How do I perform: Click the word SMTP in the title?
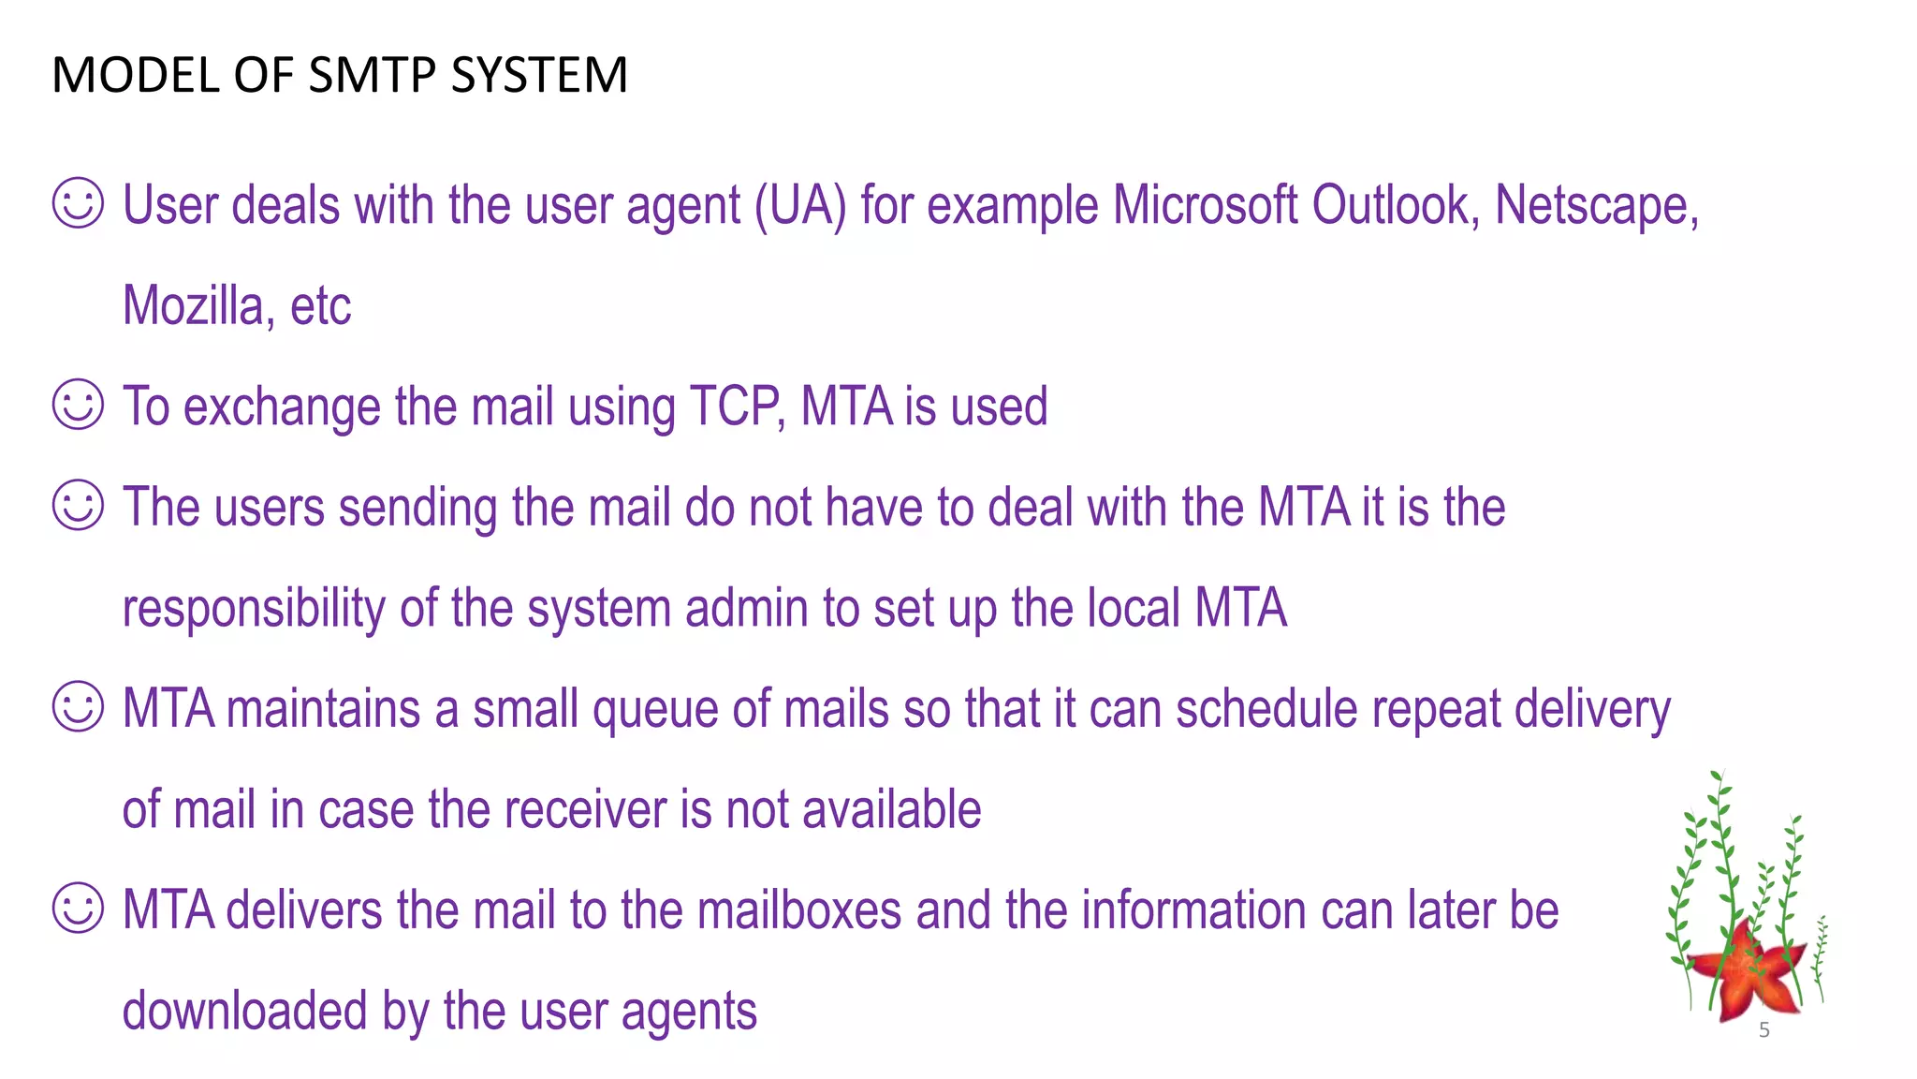click(371, 75)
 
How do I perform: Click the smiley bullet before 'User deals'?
click(78, 203)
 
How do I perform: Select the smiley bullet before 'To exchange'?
click(78, 405)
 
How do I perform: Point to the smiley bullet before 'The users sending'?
click(78, 506)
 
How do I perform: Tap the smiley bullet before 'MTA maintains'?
click(78, 707)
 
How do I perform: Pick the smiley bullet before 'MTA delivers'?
click(78, 909)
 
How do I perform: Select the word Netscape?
click(1595, 206)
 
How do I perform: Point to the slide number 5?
click(1764, 1030)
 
